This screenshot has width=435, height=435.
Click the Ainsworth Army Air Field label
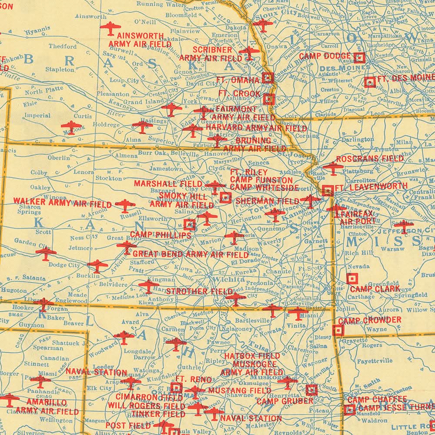pyautogui.click(x=136, y=40)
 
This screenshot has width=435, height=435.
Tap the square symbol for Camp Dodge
pyautogui.click(x=359, y=57)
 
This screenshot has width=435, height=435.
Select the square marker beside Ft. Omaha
pyautogui.click(x=268, y=78)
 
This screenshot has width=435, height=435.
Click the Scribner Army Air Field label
pyautogui.click(x=211, y=54)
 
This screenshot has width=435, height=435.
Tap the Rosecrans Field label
pyautogui.click(x=370, y=159)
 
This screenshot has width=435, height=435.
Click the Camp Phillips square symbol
pyautogui.click(x=189, y=224)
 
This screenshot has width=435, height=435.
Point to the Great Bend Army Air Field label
pyautogui.click(x=191, y=254)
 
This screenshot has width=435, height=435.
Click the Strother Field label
pyautogui.click(x=193, y=291)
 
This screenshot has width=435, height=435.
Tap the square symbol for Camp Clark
pyautogui.click(x=351, y=278)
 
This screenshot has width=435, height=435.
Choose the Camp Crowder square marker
pyautogui.click(x=338, y=331)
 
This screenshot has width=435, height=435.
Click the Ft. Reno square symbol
pyautogui.click(x=176, y=388)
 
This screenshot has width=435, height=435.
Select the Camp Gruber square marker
pyautogui.click(x=311, y=390)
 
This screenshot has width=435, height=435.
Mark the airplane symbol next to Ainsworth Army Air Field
pyautogui.click(x=110, y=28)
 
